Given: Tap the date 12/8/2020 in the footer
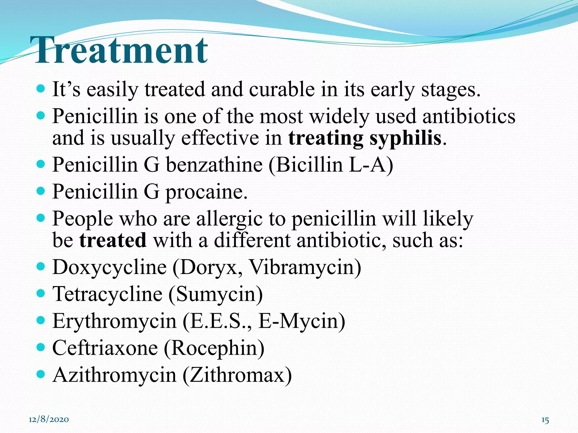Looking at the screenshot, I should point(49,419).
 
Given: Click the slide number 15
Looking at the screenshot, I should point(545,420).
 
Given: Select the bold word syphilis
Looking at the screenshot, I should point(406,139).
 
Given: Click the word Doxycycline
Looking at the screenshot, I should point(110,267).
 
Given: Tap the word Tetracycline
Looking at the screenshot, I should point(108,294).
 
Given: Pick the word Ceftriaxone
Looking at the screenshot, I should point(105,348).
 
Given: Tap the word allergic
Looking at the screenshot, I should point(229,219).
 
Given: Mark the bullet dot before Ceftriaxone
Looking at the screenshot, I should point(41,347).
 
